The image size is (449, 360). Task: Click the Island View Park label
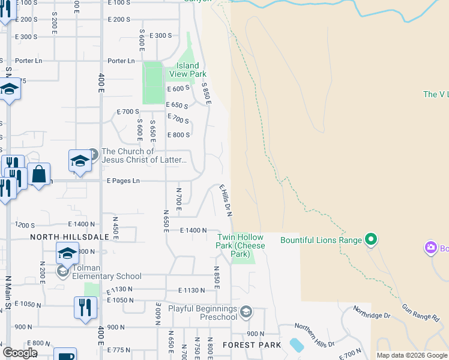[191, 70]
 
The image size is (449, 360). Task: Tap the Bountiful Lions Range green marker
[371, 240]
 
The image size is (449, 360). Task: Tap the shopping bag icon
[39, 174]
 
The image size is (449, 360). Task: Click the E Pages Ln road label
[123, 181]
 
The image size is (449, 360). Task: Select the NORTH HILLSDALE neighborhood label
[70, 237]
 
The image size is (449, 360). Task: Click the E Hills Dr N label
[226, 200]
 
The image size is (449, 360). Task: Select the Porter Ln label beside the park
[121, 61]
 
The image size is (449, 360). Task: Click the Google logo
[20, 352]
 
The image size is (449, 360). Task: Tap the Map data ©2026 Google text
[412, 355]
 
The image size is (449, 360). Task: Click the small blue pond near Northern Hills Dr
[296, 345]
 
